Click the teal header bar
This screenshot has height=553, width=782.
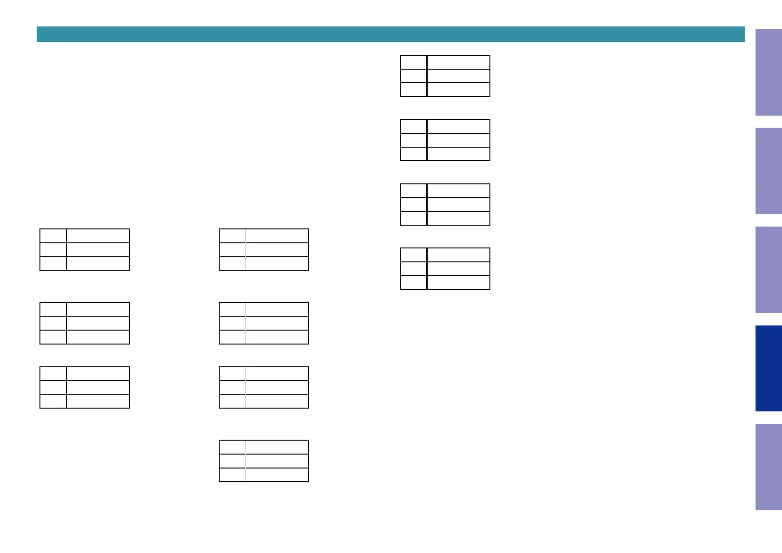[390, 34]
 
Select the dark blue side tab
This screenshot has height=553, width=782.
[768, 368]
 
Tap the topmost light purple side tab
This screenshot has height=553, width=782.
[768, 72]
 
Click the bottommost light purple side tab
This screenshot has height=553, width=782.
[768, 467]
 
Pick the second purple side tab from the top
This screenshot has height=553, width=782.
[768, 171]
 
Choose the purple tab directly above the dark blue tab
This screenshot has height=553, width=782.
[768, 269]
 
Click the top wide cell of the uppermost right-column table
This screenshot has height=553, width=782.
[458, 62]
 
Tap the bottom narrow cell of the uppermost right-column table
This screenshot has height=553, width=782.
[414, 90]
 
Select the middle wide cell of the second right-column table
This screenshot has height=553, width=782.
[458, 140]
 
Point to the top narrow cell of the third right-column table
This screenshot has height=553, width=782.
[414, 191]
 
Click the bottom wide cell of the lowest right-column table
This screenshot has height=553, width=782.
[458, 282]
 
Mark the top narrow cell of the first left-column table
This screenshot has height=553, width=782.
[53, 236]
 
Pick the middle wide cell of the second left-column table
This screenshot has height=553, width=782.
[98, 323]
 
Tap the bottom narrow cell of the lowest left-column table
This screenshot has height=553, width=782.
[53, 401]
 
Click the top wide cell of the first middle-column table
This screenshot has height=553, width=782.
[277, 236]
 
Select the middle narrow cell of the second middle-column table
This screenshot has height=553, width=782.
[232, 323]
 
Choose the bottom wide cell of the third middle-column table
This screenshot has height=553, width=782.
[277, 401]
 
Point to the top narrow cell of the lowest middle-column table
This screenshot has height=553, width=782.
[232, 447]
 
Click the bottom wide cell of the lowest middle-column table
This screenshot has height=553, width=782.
[277, 475]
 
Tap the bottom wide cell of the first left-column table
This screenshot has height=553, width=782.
[98, 263]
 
